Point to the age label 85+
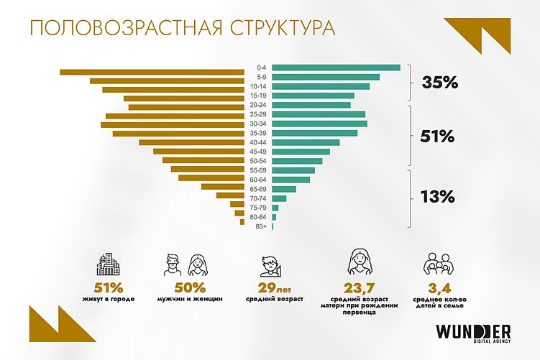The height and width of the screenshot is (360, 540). (x=260, y=226)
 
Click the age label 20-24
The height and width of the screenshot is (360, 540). (x=260, y=105)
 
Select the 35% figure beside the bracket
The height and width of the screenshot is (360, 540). (x=440, y=83)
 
